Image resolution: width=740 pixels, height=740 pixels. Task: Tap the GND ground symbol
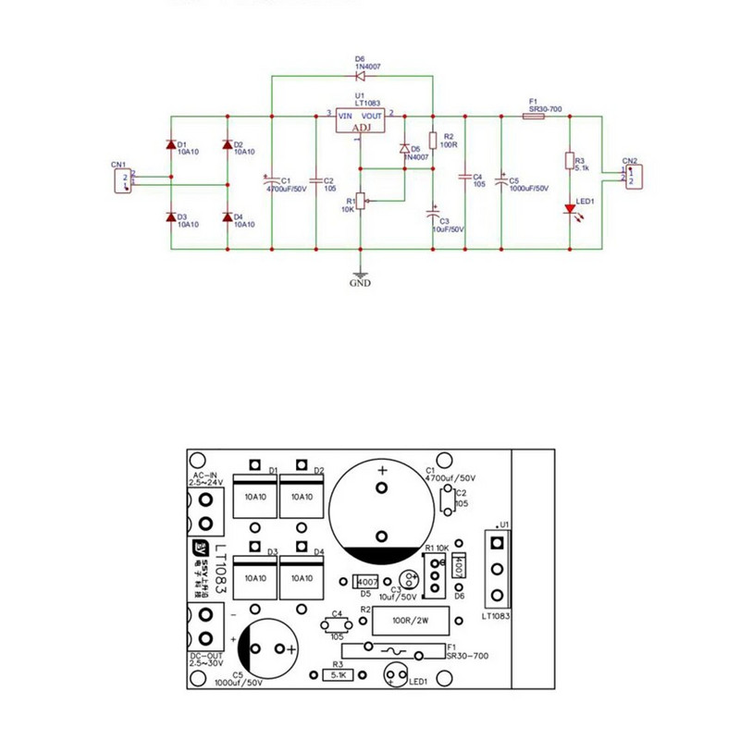[x=361, y=275]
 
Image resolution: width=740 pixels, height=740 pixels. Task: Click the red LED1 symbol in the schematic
[x=570, y=209]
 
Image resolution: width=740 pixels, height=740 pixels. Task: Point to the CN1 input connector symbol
[x=121, y=178]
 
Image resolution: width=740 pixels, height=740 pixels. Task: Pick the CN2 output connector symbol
[x=631, y=175]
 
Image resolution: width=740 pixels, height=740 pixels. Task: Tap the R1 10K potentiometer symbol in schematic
[x=361, y=201]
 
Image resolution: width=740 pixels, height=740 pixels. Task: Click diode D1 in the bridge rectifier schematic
[x=171, y=145]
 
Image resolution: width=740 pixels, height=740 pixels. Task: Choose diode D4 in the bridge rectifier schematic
[x=228, y=216]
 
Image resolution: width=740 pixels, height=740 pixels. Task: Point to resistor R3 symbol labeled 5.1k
[x=570, y=161]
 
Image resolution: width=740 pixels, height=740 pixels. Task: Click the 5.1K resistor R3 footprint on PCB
[x=339, y=676]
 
